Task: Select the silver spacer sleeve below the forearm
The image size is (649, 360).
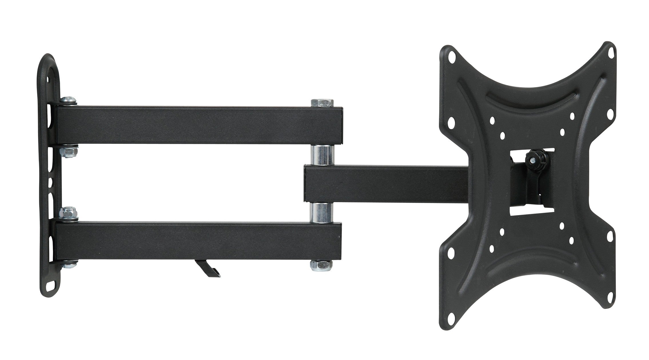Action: coord(322,212)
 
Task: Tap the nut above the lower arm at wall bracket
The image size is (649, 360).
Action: coord(68,213)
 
